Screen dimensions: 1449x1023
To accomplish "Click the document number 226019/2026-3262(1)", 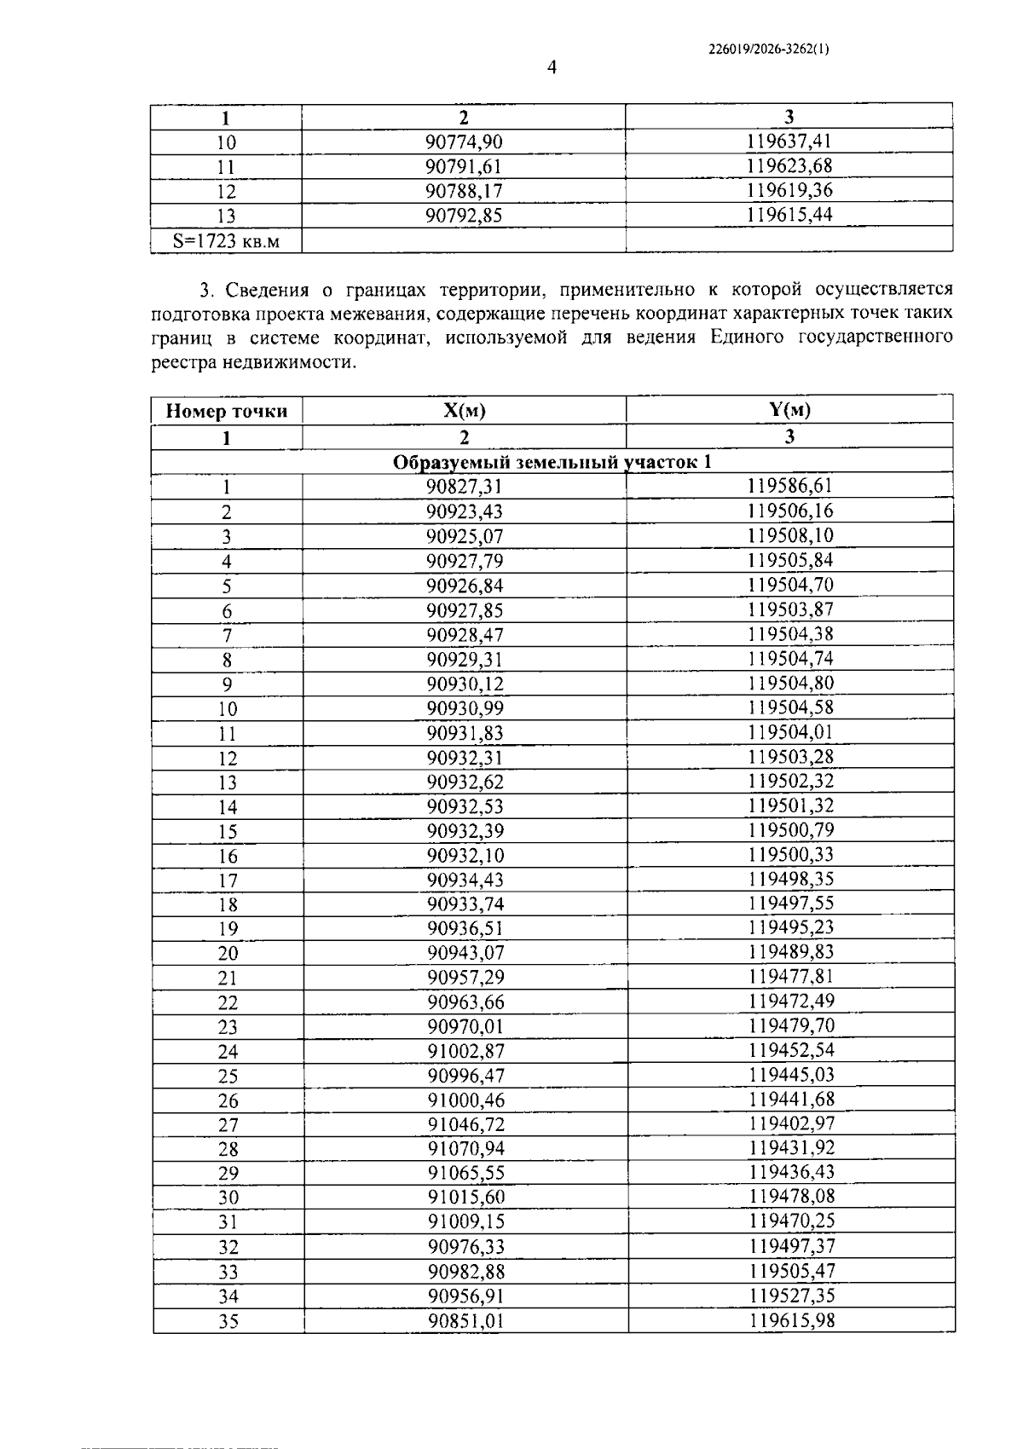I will (x=768, y=49).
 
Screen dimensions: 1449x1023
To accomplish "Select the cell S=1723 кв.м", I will (x=226, y=241).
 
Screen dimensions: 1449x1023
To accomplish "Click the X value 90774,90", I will (x=464, y=142).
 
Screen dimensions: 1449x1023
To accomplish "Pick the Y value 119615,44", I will (x=789, y=215).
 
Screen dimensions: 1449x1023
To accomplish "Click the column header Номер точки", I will (x=227, y=412).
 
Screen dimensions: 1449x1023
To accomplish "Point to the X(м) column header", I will (x=464, y=411).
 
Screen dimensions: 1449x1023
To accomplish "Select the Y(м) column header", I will (x=789, y=410).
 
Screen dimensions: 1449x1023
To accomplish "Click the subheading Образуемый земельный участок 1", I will (x=552, y=462).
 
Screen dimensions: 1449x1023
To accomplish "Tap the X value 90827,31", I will (x=465, y=487).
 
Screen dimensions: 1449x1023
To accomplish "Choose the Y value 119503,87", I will (x=790, y=609).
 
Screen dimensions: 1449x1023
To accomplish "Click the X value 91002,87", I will (x=465, y=1051).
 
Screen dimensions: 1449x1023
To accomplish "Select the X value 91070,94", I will (x=465, y=1148).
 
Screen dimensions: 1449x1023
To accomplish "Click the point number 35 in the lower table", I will (x=228, y=1321).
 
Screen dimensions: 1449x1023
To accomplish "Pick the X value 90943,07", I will (x=465, y=952).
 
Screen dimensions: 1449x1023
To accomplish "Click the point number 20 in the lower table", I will (x=228, y=953).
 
